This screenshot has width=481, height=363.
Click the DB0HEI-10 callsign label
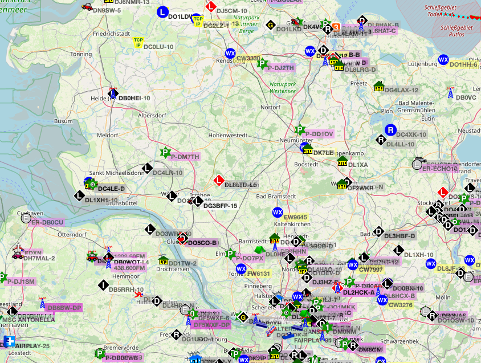tap(134, 98)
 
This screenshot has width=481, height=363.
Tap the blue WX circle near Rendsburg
tap(230, 53)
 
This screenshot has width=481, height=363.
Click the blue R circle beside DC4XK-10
tap(390, 130)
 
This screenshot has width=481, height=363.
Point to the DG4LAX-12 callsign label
tap(402, 90)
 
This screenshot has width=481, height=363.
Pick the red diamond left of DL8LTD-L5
tap(218, 181)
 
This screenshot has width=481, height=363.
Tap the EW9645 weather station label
tap(295, 217)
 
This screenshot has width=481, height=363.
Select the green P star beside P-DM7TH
tap(165, 152)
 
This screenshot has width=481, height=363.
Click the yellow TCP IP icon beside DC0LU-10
tap(138, 42)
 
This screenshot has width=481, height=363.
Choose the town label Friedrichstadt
tap(112, 34)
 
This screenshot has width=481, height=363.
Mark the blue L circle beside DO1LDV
tap(162, 12)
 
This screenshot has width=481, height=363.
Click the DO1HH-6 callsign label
tap(463, 64)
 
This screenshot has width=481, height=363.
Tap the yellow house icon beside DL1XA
tap(342, 161)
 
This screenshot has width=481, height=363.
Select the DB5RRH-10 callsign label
tap(126, 289)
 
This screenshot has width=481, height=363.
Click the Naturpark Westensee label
tap(283, 87)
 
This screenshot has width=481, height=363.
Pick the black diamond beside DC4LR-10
tap(146, 168)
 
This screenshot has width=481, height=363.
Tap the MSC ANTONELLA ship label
tap(28, 320)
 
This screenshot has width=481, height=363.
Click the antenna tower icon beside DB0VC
tap(450, 93)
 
